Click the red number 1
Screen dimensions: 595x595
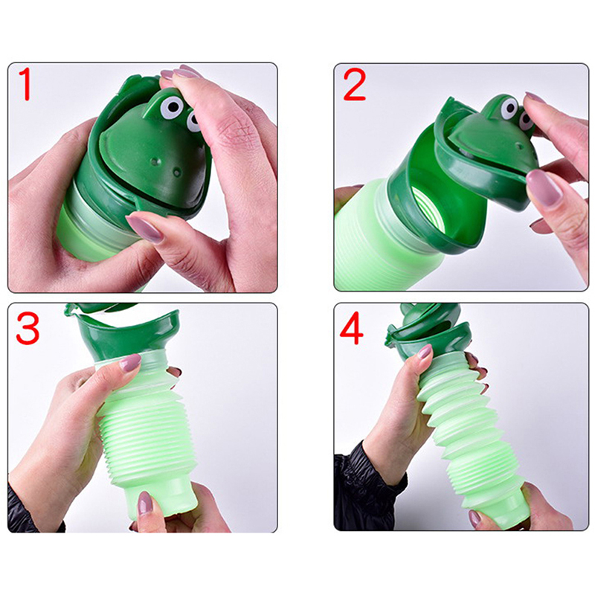(25, 84)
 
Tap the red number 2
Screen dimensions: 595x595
(355, 85)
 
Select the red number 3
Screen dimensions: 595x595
(28, 328)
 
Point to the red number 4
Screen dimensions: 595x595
(351, 328)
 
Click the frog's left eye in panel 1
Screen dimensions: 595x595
(170, 107)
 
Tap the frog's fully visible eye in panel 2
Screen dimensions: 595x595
(509, 107)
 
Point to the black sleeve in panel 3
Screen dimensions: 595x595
(28, 509)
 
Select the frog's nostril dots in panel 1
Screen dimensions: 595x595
(165, 167)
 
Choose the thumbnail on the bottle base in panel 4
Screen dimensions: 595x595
(475, 518)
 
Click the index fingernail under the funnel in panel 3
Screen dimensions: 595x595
(130, 362)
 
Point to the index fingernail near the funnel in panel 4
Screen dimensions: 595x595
(425, 351)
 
